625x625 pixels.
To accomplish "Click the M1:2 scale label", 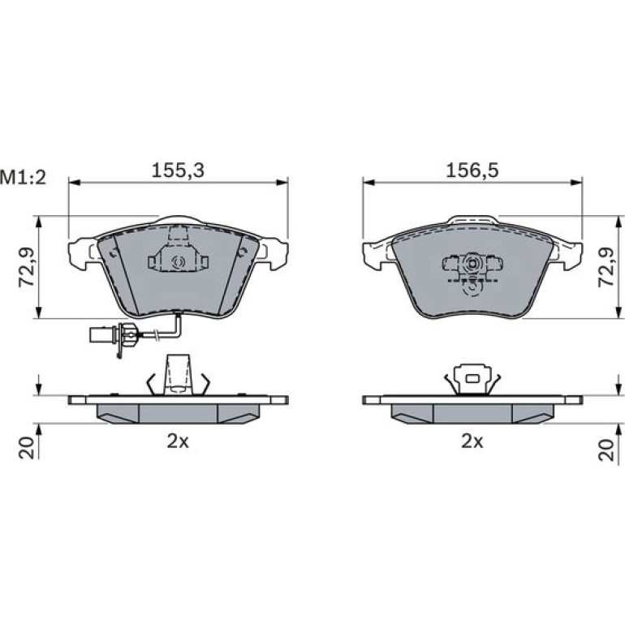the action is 23,178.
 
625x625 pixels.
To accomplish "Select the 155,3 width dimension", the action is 178,170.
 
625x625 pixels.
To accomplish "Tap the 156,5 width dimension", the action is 472,170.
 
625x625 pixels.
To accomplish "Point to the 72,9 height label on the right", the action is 606,267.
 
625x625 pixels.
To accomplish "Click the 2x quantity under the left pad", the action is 178,442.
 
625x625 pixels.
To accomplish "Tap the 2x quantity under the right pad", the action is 472,442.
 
